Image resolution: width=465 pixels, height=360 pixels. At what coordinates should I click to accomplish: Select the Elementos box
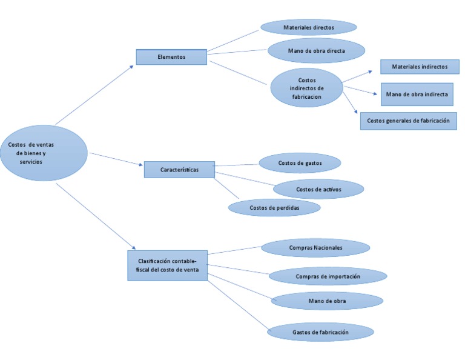point(171,57)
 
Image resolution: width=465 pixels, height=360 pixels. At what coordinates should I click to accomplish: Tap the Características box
point(179,169)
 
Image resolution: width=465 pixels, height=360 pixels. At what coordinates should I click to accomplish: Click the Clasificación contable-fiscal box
point(167,265)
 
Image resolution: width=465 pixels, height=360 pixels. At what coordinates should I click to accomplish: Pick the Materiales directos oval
point(308,27)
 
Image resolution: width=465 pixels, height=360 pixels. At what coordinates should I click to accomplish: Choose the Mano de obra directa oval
point(316,51)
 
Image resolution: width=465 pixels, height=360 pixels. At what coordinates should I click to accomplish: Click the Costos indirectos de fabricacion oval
point(306,88)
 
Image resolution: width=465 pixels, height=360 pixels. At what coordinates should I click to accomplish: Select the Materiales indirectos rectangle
point(420,67)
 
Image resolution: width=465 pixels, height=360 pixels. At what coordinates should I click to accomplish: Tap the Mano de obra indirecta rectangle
point(417,95)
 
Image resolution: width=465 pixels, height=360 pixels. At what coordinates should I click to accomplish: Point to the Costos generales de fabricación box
point(408,121)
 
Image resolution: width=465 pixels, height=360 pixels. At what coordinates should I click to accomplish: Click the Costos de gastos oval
point(300,163)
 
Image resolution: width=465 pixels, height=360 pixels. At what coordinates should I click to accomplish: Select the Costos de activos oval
point(318,189)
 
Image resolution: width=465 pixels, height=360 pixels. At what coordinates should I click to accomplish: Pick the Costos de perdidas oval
point(274,207)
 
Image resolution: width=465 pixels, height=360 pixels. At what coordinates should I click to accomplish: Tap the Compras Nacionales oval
point(315,248)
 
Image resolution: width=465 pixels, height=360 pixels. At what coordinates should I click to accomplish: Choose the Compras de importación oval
point(328,276)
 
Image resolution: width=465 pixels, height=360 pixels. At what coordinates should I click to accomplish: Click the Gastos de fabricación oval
point(320,332)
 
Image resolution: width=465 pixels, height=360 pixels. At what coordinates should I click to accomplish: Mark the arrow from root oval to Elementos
point(94,95)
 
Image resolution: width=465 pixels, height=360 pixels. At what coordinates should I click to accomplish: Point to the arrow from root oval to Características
point(115,159)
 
